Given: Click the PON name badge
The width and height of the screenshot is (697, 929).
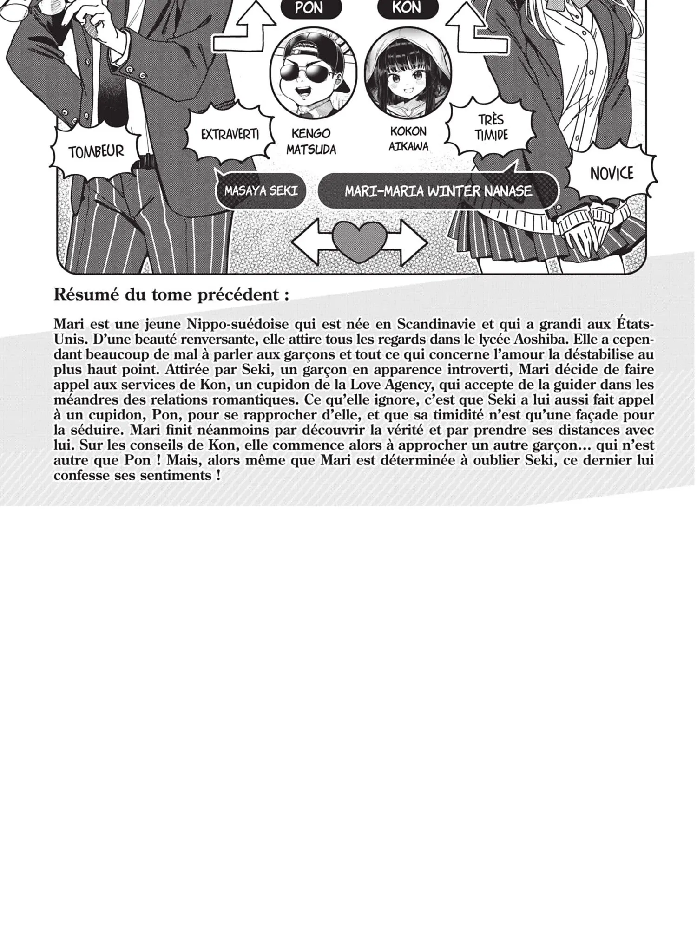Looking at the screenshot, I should [309, 8].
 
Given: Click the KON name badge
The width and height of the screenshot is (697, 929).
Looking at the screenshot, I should [407, 8].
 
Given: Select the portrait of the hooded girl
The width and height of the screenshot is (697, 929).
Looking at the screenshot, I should [402, 74].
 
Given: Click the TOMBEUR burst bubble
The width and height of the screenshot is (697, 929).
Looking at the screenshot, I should [96, 151].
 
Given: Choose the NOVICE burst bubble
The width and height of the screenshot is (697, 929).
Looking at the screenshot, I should [612, 173].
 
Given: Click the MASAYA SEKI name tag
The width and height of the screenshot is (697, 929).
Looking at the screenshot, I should [261, 191].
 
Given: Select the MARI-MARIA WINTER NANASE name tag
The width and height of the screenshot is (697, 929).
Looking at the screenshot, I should [438, 191].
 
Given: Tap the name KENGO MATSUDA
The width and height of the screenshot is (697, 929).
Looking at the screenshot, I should [311, 141].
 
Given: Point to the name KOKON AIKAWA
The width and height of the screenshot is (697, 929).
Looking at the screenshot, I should [409, 138].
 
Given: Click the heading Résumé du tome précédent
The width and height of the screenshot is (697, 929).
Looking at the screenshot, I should [171, 295].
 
